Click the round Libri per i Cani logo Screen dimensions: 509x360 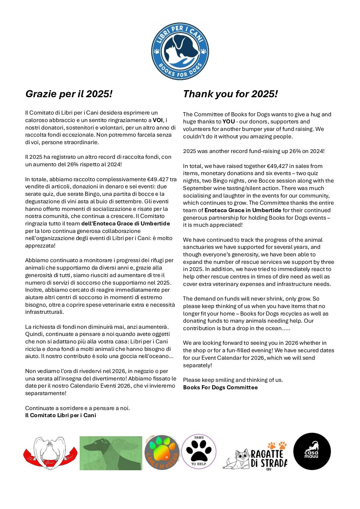point(180,51)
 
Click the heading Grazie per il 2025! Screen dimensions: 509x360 point(69,94)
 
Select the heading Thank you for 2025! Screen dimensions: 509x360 point(230,94)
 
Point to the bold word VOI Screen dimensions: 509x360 point(158,120)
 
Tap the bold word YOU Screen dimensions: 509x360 point(229,122)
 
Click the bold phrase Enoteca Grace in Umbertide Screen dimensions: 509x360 point(243,210)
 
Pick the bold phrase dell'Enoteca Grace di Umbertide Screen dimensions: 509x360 point(126,223)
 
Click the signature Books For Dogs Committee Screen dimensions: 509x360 point(220,387)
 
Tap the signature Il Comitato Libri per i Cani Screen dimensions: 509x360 point(61,415)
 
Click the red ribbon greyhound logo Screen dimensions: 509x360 point(50,453)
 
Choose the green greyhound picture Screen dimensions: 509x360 point(111,453)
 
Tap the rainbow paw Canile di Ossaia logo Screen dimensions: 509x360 point(162,452)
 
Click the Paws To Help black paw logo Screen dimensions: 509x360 point(199,451)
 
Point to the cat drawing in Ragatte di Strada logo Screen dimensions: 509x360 point(236,458)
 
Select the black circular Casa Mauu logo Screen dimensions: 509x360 point(312,451)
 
